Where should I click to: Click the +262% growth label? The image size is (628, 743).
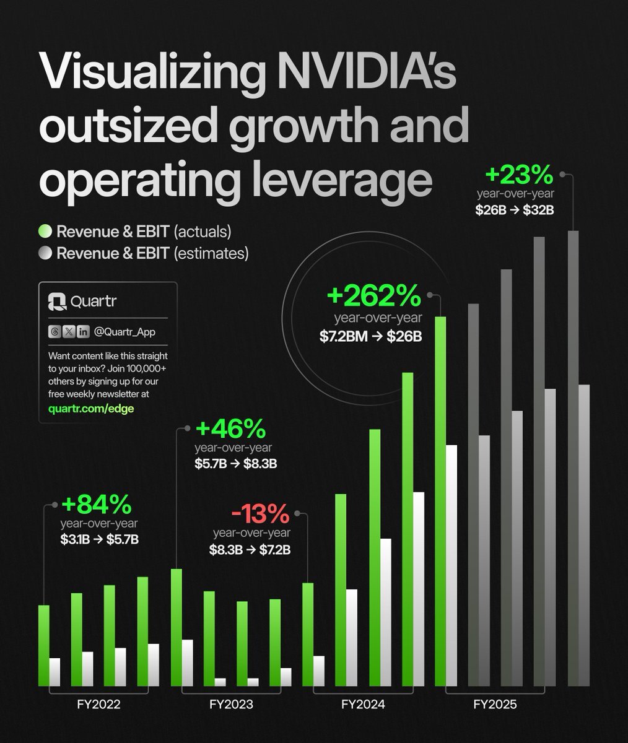pos(373,297)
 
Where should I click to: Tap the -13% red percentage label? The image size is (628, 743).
pos(260,513)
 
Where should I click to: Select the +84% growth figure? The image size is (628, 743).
pos(96,505)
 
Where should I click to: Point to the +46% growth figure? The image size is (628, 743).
pos(230,428)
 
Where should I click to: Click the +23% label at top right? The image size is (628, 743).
pos(518,175)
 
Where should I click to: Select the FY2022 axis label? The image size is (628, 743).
pos(98,705)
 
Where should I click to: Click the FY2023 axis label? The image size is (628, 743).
pos(231,705)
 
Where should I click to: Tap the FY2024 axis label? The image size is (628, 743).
pos(363,705)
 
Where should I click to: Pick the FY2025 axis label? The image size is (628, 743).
pos(495,705)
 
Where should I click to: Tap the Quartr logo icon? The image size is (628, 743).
pos(57,302)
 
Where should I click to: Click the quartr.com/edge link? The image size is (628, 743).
pos(90,409)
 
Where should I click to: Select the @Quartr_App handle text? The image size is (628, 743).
pos(124,332)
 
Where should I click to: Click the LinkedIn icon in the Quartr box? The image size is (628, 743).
pos(83,332)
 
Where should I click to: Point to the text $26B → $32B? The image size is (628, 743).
pos(514,210)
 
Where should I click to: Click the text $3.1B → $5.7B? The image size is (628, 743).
pos(99,539)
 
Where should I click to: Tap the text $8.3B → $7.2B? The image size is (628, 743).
pos(250,549)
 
